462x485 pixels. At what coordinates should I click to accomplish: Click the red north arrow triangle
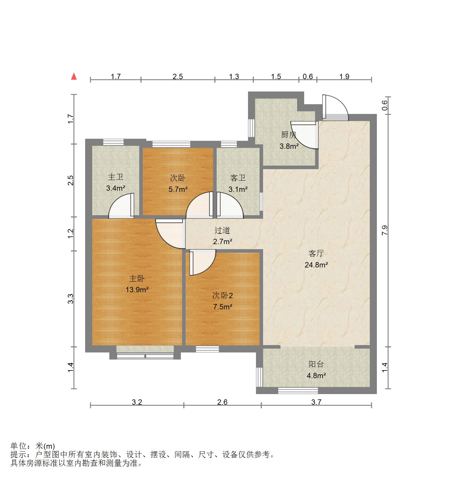coord(74,77)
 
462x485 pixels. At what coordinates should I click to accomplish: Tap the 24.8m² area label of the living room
coord(316,265)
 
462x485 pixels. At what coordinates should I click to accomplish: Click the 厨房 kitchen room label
coord(288,135)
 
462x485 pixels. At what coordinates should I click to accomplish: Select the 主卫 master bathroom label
coord(115,177)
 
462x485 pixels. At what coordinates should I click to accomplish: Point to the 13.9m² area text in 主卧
coord(137,290)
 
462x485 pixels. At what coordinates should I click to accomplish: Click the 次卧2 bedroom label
coord(223,295)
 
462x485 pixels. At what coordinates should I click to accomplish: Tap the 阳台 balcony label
coord(316,364)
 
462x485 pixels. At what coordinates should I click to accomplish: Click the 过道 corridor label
coord(222,230)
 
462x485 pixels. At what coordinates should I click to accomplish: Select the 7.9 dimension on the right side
coord(385,230)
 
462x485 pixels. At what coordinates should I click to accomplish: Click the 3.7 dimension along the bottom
coord(316,402)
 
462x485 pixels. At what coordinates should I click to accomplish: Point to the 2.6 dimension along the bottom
coord(222,402)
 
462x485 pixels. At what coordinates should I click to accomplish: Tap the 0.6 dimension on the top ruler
coord(308,77)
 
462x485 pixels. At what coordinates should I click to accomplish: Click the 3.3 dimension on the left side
coord(71,299)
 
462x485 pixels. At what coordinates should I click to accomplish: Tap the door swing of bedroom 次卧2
coord(202,262)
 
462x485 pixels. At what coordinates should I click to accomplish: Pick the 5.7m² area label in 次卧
coord(178,189)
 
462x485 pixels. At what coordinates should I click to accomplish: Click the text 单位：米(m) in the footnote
coord(33,446)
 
